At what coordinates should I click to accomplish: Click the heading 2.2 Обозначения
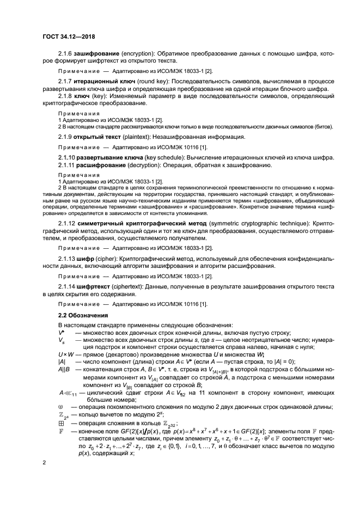[82, 315]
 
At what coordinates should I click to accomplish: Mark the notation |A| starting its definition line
[62, 362]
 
